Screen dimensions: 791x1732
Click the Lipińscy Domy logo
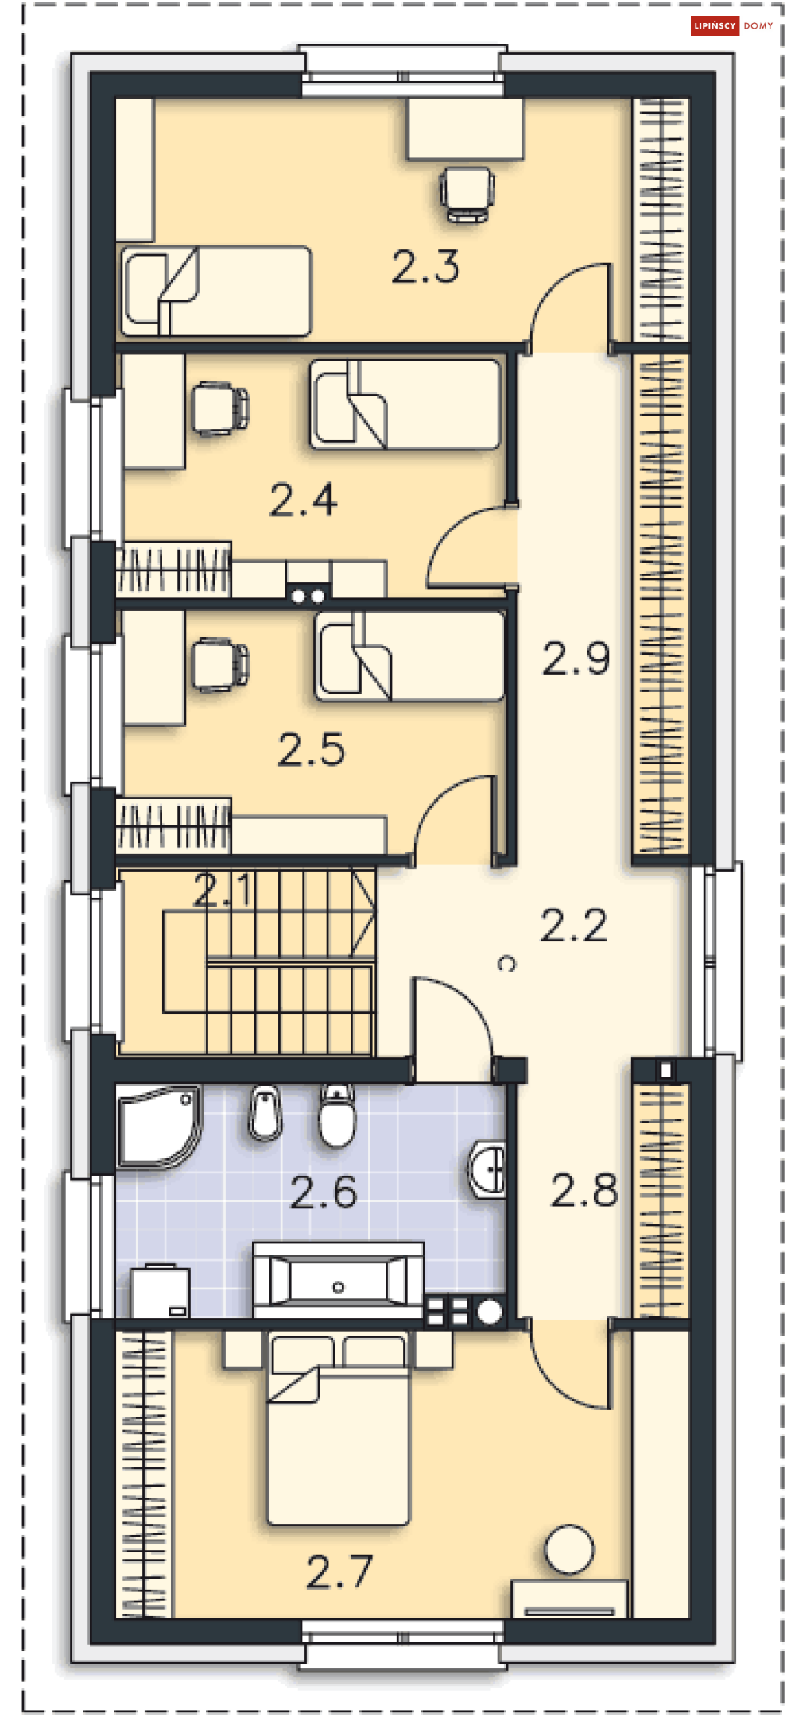coord(732,25)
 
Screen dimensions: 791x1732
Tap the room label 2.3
coord(425,267)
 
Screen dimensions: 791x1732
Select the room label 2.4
coord(304,501)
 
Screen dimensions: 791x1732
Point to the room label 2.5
coord(312,750)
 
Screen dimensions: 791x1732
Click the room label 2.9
coord(576,659)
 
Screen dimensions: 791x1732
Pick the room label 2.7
coord(339,1572)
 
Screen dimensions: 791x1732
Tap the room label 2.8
coord(584,1191)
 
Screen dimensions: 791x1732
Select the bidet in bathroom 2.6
coord(266,1111)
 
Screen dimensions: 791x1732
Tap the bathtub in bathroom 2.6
coord(339,1280)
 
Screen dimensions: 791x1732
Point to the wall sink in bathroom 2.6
coord(487,1169)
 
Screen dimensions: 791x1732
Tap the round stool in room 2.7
coord(569,1548)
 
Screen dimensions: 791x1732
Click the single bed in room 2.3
coord(215,291)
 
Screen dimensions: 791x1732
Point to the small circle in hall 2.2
coord(506,964)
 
